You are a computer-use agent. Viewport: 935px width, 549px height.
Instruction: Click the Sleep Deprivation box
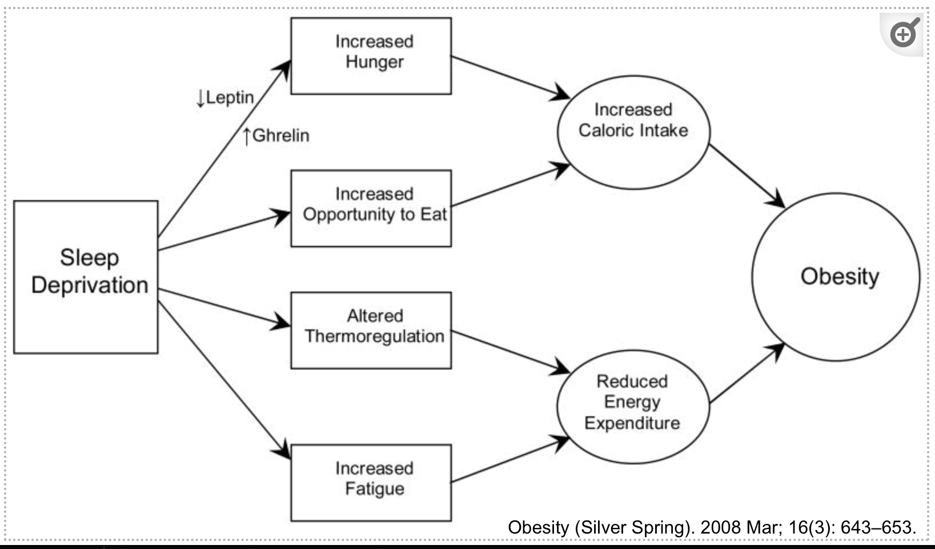point(86,277)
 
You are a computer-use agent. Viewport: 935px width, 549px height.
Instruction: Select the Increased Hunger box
point(371,56)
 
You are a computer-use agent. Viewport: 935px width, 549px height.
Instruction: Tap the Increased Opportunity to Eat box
point(371,209)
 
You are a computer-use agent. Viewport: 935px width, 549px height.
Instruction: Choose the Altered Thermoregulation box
point(371,331)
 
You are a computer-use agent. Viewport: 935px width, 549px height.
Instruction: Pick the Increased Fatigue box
point(371,483)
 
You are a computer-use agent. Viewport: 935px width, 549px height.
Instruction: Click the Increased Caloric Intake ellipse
point(633,133)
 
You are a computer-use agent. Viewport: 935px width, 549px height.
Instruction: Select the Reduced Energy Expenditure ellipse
point(633,407)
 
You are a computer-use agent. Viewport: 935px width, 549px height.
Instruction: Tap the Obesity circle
point(836,277)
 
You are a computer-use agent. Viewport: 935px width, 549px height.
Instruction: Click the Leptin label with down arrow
point(225,98)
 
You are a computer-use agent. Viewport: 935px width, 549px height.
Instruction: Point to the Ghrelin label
point(276,136)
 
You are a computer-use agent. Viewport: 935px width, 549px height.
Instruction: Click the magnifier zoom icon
point(904,33)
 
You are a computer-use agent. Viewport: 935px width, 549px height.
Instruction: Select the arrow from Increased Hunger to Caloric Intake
point(511,77)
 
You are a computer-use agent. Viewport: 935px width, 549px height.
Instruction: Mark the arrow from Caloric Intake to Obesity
point(748,176)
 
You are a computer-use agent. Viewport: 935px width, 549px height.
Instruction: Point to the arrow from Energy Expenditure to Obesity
point(748,373)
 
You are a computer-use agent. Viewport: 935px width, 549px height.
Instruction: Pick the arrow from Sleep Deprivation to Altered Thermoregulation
point(224,308)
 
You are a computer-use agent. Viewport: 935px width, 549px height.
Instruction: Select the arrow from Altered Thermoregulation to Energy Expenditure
point(511,352)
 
